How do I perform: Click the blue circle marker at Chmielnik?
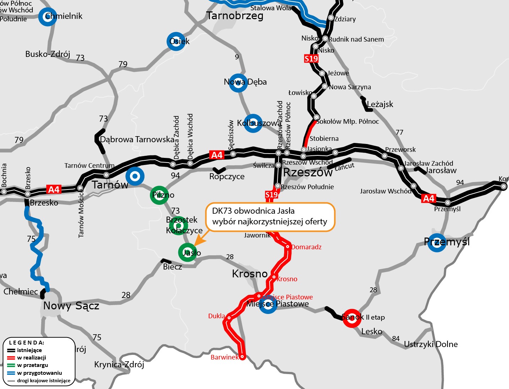click(x=47, y=17)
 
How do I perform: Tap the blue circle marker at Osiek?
click(x=176, y=41)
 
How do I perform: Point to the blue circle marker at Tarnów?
click(x=135, y=176)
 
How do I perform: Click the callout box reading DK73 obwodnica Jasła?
click(x=270, y=217)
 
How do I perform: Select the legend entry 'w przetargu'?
click(x=32, y=365)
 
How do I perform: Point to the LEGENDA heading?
click(x=27, y=343)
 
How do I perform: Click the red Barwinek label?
click(x=224, y=357)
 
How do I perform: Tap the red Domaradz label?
click(x=306, y=247)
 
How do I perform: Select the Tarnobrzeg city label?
click(x=235, y=16)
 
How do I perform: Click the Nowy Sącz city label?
click(x=71, y=306)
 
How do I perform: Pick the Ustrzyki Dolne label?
click(x=431, y=344)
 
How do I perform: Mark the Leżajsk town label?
click(x=380, y=104)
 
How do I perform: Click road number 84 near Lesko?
click(x=396, y=339)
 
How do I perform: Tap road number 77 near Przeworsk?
click(x=400, y=132)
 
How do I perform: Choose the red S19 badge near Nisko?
click(x=311, y=59)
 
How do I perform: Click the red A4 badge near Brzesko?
click(x=54, y=190)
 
